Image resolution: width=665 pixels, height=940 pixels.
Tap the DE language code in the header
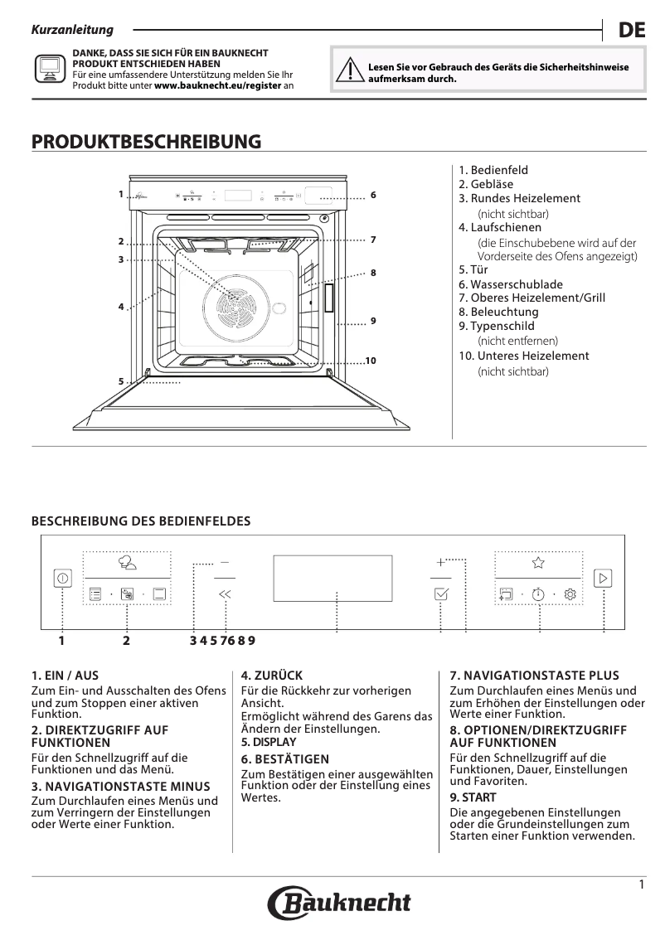(x=631, y=31)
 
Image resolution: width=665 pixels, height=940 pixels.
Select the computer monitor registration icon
(x=49, y=69)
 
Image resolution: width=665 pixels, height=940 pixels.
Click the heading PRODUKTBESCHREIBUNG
(x=146, y=142)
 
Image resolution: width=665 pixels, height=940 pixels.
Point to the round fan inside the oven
(x=233, y=313)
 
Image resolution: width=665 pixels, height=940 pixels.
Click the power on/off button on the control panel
(x=63, y=578)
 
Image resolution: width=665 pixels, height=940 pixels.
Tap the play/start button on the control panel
(x=603, y=578)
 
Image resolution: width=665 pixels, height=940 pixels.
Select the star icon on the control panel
(x=538, y=563)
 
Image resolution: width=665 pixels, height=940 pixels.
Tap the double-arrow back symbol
(x=225, y=594)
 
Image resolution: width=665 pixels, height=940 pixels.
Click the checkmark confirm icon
(x=441, y=594)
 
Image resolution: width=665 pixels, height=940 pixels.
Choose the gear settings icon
(x=570, y=594)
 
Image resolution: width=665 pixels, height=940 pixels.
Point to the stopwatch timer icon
(x=538, y=594)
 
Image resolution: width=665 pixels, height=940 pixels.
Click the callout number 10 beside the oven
(x=371, y=360)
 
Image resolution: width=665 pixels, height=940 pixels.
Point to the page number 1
(x=642, y=884)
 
